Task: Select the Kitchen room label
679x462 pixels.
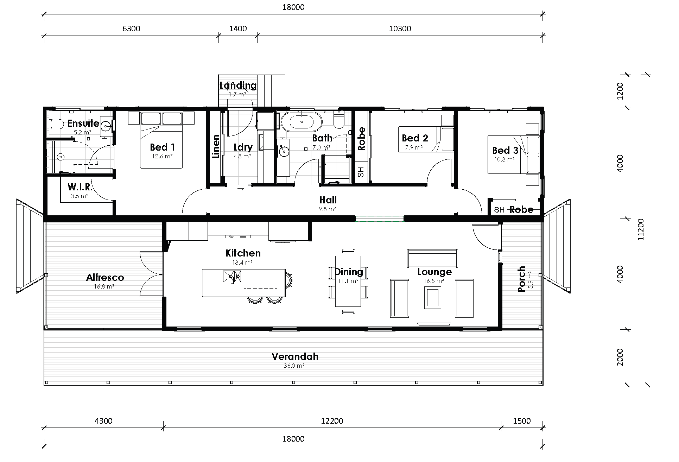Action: click(x=243, y=253)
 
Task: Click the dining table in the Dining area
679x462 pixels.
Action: click(x=348, y=281)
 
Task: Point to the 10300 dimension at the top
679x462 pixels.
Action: click(x=400, y=29)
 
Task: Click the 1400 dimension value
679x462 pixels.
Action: click(x=238, y=29)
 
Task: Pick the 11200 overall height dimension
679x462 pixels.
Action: click(x=641, y=230)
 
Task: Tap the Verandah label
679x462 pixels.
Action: click(x=295, y=356)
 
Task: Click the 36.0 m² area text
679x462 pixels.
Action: click(x=294, y=366)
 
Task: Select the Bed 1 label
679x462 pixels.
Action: click(x=162, y=147)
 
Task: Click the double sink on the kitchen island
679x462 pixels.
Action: click(x=232, y=277)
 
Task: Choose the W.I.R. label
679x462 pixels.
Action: click(x=80, y=187)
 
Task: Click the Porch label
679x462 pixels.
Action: click(x=521, y=279)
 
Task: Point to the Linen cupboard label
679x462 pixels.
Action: click(x=216, y=146)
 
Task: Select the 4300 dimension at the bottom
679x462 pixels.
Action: click(x=103, y=421)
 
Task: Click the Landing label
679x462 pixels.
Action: click(x=238, y=85)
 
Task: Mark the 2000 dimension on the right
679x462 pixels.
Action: click(x=620, y=357)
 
